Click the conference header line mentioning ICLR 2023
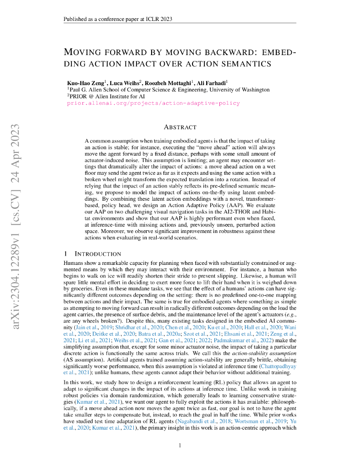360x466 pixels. click(117, 19)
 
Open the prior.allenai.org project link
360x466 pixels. click(153, 103)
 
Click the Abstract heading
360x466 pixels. click(180, 127)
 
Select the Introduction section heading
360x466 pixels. click(97, 253)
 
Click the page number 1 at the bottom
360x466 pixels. click(180, 445)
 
